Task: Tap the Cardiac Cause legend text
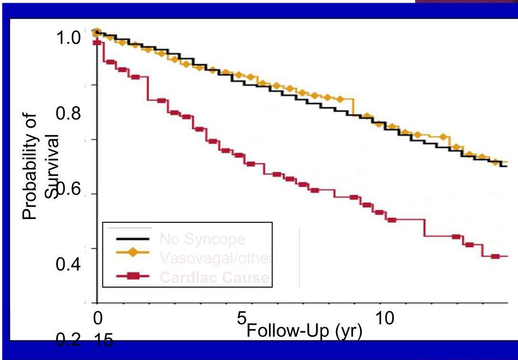coord(214,278)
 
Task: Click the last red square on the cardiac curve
coord(496,256)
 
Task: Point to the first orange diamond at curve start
coord(97,32)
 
